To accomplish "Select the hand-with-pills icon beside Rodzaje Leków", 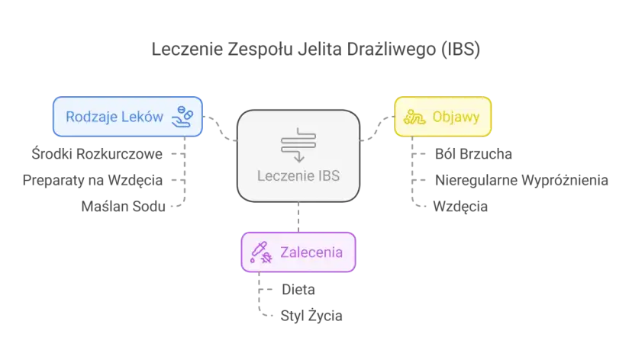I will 184,116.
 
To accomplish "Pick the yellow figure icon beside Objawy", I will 415,117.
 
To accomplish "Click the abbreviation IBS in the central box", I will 325,176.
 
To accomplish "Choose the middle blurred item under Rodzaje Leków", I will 92,182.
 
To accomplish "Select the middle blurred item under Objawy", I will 521,182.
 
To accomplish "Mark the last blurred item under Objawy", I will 458,204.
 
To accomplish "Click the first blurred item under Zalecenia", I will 298,290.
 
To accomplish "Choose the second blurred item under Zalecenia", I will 313,314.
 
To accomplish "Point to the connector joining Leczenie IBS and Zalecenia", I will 298,217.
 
